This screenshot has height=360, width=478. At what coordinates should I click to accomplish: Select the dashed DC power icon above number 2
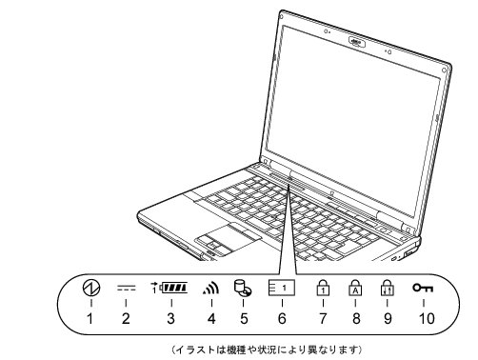click(125, 286)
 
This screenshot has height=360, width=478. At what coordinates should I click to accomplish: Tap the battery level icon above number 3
click(171, 287)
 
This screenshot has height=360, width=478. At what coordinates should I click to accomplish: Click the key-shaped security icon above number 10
click(423, 287)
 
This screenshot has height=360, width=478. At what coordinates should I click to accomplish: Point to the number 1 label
click(90, 318)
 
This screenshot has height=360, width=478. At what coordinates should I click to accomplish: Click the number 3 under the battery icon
click(170, 318)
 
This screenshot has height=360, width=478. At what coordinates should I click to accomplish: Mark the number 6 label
click(282, 318)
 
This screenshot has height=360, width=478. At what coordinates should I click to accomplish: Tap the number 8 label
click(355, 318)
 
